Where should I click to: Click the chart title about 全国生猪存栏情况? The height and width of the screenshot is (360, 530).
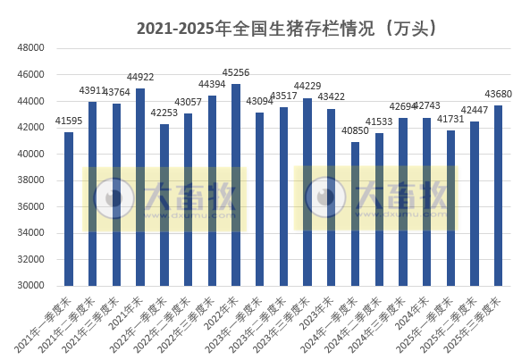pyautogui.click(x=286, y=28)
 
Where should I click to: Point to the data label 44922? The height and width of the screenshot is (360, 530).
pyautogui.click(x=140, y=78)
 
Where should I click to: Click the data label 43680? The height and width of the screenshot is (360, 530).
pyautogui.click(x=498, y=95)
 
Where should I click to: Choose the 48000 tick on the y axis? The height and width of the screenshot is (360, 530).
pyautogui.click(x=31, y=47)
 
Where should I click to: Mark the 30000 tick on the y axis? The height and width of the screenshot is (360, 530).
pyautogui.click(x=31, y=286)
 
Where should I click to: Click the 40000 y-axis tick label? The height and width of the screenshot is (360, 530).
pyautogui.click(x=31, y=154)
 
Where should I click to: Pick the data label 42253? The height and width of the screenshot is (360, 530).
pyautogui.click(x=164, y=113)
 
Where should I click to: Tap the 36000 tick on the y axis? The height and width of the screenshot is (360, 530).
pyautogui.click(x=31, y=206)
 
